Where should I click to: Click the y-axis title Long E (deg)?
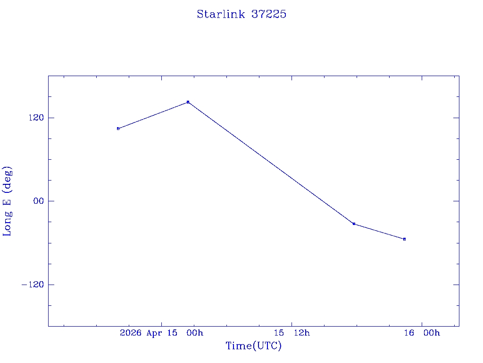(8, 201)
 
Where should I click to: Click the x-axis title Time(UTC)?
(253, 346)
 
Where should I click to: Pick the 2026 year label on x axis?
(131, 333)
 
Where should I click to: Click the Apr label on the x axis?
(155, 333)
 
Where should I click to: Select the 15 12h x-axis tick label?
(294, 333)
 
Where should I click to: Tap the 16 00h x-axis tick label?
(422, 333)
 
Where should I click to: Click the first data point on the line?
(118, 129)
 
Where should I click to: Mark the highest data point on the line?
(188, 102)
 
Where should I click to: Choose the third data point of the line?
(354, 224)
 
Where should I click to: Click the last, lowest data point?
(404, 239)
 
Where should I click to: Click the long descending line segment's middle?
(271, 163)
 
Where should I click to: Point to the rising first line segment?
(153, 115)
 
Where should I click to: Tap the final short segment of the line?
(379, 232)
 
